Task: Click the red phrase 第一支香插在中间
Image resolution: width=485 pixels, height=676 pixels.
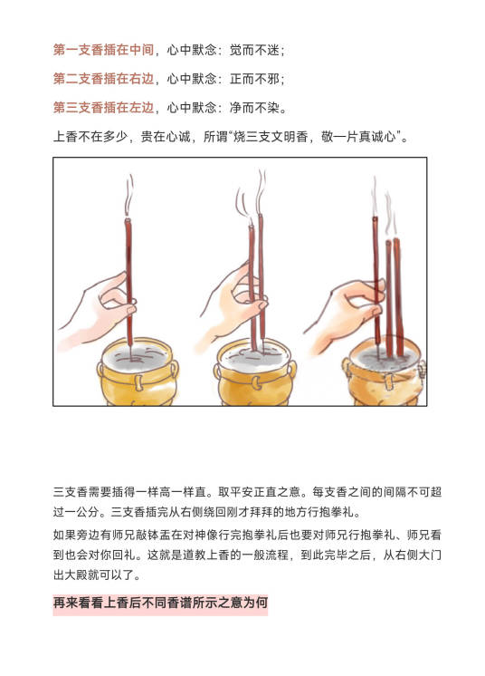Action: [103, 50]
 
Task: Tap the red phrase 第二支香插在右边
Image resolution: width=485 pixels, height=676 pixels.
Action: [103, 79]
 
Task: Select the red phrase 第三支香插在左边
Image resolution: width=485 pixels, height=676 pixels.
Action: [103, 107]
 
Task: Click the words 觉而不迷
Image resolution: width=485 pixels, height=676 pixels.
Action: [254, 50]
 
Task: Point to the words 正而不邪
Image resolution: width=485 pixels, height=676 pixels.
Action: [254, 79]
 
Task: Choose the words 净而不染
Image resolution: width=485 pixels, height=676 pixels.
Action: [254, 107]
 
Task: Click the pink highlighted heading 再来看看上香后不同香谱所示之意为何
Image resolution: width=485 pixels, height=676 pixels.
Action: [160, 603]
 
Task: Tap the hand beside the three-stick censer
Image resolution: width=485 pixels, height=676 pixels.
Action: [347, 314]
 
